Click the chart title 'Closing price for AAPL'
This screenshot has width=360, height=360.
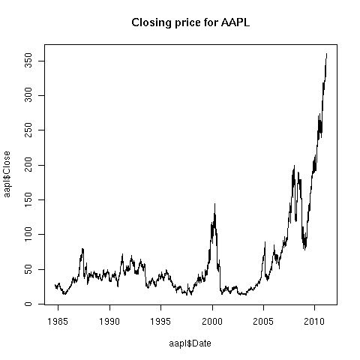(180, 23)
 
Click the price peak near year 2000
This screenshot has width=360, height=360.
(214, 203)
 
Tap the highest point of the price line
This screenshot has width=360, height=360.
(326, 54)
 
